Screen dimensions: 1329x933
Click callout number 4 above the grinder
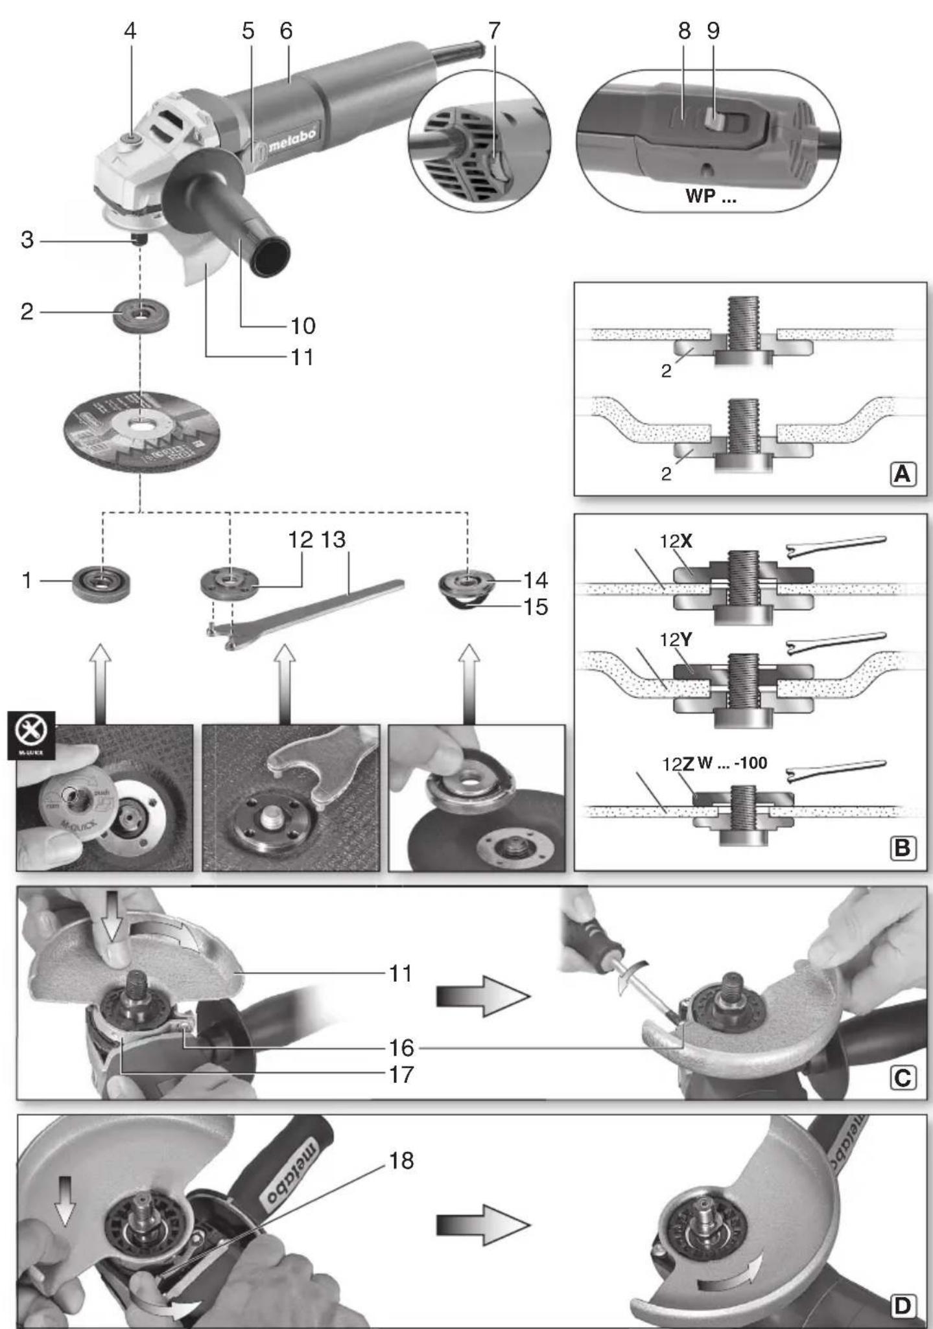130,30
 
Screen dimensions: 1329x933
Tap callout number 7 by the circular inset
494,30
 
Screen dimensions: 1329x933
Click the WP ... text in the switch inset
711,196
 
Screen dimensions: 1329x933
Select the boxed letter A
903,475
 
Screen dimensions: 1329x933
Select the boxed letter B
903,848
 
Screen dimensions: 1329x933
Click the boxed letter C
903,1078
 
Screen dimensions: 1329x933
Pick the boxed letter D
903,1306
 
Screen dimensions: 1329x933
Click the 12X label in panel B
676,541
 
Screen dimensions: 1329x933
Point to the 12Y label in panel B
676,640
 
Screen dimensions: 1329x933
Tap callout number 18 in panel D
401,1161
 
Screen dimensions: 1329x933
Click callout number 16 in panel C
401,1047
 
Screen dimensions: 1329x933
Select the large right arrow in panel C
483,997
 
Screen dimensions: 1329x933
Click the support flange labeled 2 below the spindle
141,316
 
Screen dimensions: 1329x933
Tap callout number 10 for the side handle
302,325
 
